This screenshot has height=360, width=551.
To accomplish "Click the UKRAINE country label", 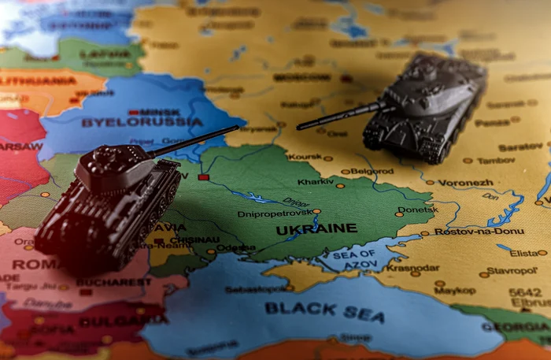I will [x=316, y=228].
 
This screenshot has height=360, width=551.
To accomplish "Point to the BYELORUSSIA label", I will [x=142, y=122].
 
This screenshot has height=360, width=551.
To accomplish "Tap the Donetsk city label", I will [x=418, y=210].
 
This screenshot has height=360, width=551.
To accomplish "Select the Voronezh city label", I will [x=465, y=182].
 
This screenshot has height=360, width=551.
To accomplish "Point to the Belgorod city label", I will [x=372, y=170].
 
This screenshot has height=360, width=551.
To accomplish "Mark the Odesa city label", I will [x=235, y=247].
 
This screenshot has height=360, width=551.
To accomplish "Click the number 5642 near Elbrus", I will [x=524, y=291].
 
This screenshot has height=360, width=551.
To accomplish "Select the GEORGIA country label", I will [x=516, y=327].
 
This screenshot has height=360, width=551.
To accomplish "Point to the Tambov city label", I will [x=496, y=160].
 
